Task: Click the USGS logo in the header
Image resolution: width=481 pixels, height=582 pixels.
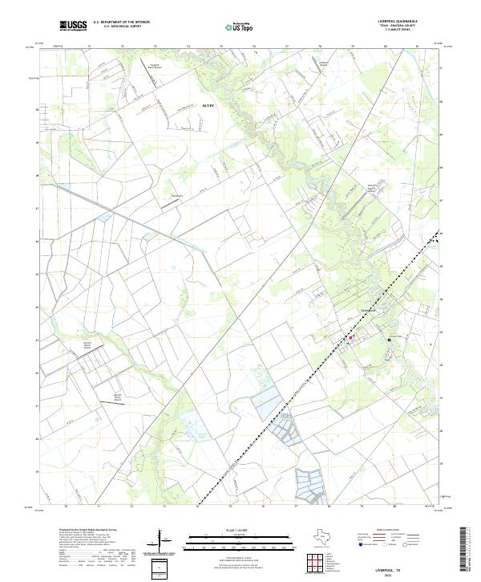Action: tap(73, 26)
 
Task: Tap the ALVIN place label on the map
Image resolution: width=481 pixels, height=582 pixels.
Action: tap(206, 105)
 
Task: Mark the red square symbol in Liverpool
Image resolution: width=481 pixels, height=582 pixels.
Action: tap(350, 337)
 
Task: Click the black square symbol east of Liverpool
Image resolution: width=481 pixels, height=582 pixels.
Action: tap(389, 340)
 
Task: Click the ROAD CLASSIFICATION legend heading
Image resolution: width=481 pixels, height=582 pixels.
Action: tap(391, 531)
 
